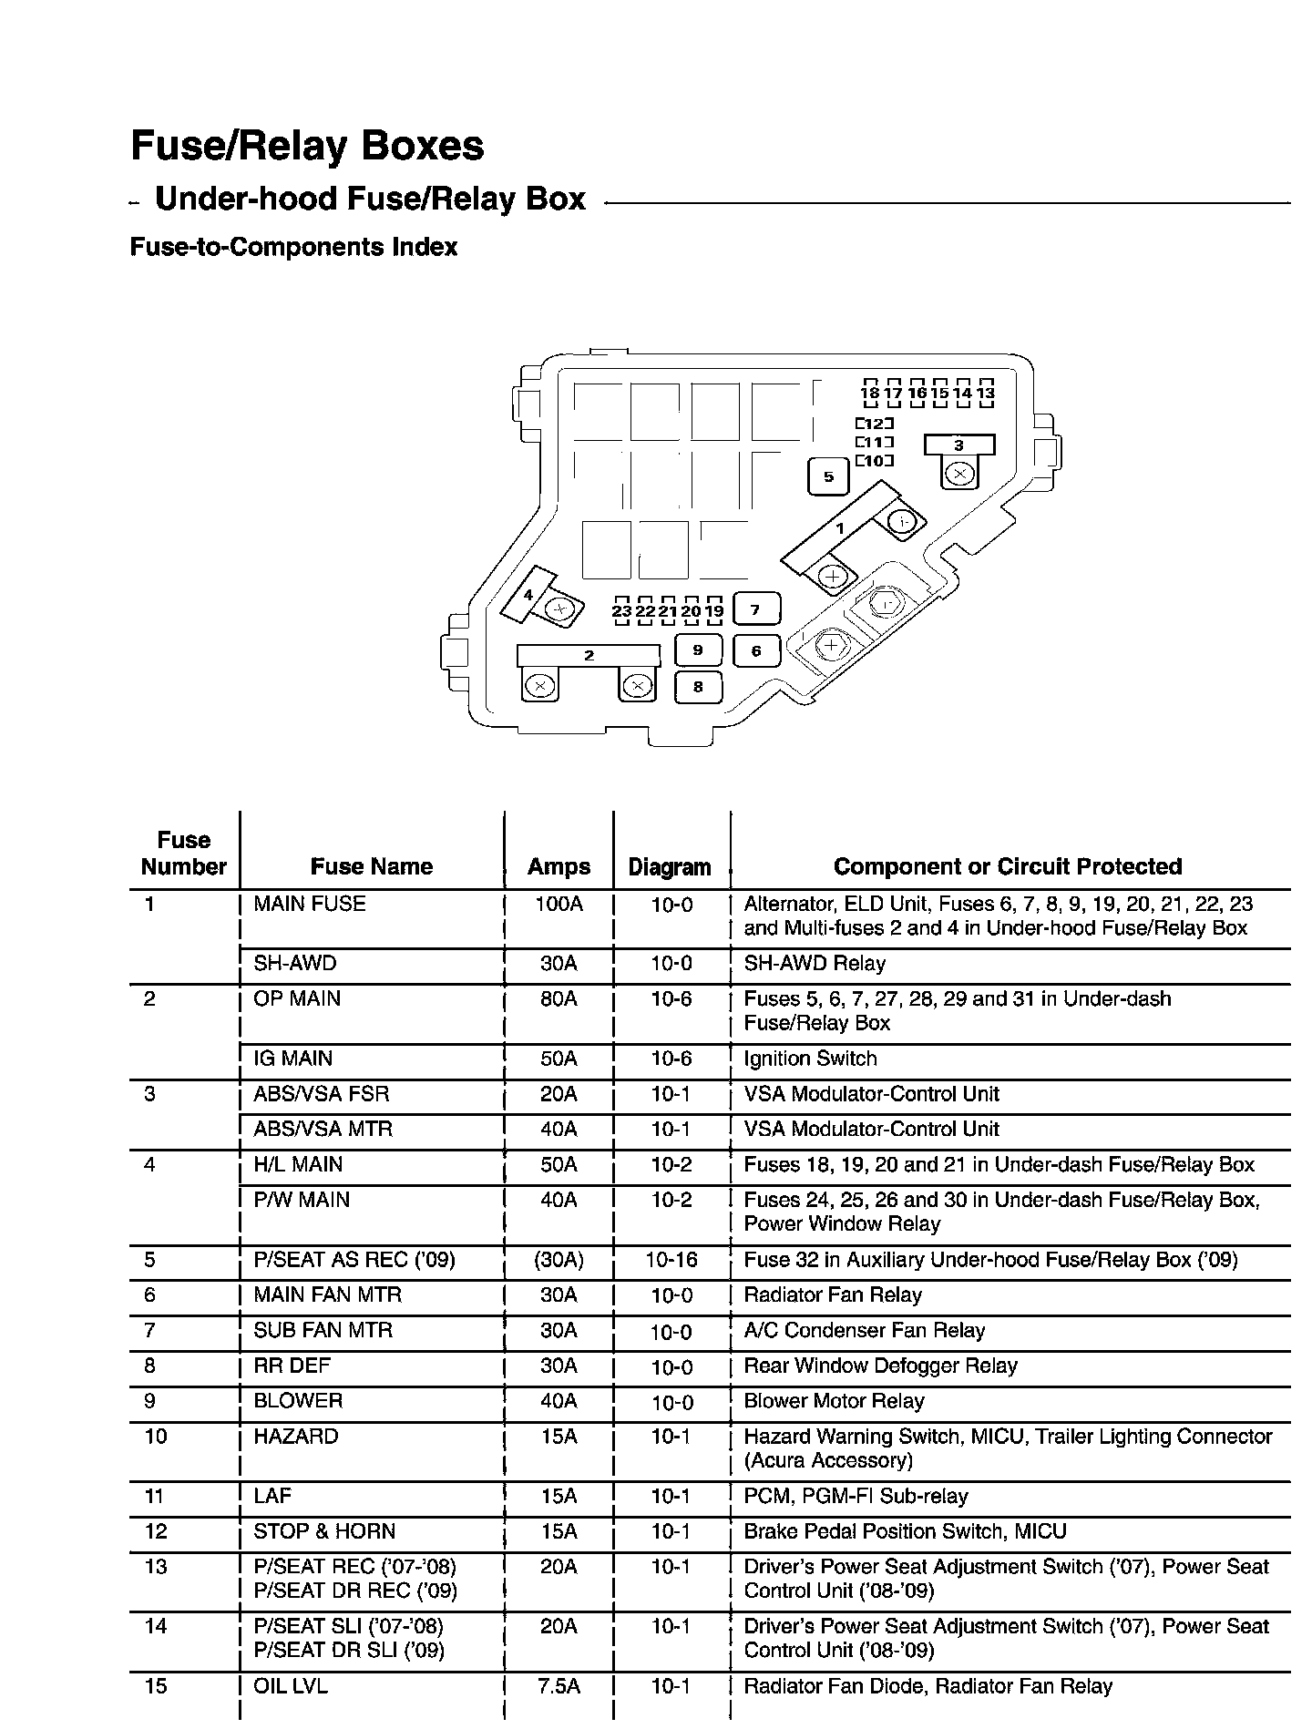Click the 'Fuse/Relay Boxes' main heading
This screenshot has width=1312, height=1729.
point(307,146)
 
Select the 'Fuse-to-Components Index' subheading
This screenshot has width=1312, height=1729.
point(293,247)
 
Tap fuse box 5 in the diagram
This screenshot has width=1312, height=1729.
point(828,476)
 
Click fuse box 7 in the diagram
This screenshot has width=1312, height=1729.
point(755,609)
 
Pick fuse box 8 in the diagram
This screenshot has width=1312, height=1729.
point(698,687)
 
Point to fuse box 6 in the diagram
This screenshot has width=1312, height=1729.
point(756,650)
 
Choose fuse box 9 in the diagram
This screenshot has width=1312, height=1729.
point(698,650)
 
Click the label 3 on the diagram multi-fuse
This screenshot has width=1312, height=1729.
point(958,445)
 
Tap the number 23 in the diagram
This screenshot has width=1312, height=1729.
point(621,611)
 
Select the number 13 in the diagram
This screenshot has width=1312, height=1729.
point(985,393)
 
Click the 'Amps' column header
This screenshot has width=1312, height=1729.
point(559,866)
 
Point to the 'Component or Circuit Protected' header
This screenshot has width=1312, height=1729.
point(1008,866)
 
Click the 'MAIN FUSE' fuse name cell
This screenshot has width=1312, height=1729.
point(310,904)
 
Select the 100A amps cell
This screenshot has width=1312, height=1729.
point(559,904)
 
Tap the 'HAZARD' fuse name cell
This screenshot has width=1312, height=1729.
point(296,1437)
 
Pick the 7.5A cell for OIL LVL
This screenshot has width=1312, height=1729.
point(559,1686)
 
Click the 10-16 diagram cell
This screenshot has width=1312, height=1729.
point(671,1260)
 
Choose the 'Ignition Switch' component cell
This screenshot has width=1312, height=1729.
point(810,1059)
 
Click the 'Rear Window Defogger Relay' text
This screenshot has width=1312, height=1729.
point(880,1366)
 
